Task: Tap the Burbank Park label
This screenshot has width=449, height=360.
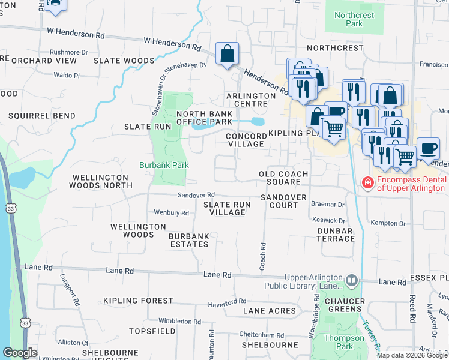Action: [164, 165]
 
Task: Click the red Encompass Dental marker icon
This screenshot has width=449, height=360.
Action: [366, 182]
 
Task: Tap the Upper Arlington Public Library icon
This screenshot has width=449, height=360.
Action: [352, 280]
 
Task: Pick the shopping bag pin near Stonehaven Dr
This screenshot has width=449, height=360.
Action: [228, 55]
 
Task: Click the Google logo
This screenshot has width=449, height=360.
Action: [20, 353]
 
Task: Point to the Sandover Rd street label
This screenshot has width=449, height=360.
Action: [196, 195]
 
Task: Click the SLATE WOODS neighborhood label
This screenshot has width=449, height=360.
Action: [124, 61]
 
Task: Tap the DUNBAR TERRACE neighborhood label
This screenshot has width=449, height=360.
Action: [336, 235]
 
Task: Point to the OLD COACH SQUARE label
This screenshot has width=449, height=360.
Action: [283, 178]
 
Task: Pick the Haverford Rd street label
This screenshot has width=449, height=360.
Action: [226, 301]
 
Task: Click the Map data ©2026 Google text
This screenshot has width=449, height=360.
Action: [412, 355]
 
